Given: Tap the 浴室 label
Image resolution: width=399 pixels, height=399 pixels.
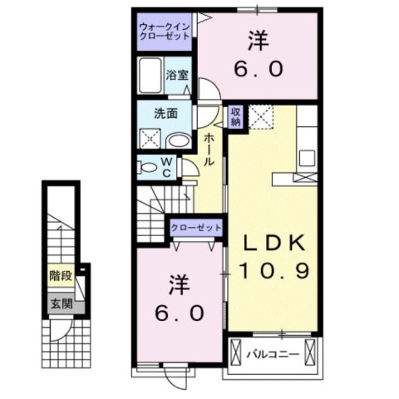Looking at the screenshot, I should [x=177, y=75].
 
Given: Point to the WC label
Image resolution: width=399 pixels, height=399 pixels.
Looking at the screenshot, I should [x=165, y=166].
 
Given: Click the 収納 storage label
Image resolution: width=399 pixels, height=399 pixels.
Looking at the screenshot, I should [x=236, y=117].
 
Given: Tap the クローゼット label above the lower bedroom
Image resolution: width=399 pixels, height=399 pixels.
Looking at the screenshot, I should [x=195, y=227].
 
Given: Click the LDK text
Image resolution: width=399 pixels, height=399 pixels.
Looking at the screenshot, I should [x=268, y=242].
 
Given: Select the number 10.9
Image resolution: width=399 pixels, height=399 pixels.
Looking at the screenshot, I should [x=268, y=270].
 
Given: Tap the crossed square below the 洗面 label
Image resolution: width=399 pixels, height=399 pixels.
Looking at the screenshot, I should [x=152, y=137].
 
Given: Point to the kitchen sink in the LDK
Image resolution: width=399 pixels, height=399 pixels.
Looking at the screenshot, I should [x=305, y=157].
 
